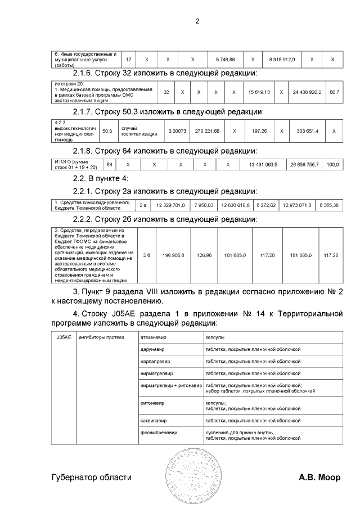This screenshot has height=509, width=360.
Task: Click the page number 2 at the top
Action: (x=197, y=21)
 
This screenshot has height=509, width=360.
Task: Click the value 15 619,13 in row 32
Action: (x=259, y=92)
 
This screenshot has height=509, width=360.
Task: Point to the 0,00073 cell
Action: (x=177, y=130)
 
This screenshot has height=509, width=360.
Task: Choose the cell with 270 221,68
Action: (x=207, y=130)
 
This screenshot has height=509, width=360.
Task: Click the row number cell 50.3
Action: (x=107, y=130)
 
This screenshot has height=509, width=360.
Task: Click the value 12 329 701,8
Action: (x=170, y=205)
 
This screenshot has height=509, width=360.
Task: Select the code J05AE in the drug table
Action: (x=64, y=337)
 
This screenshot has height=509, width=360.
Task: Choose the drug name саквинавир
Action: (x=154, y=420)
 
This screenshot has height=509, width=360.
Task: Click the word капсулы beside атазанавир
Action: (x=215, y=337)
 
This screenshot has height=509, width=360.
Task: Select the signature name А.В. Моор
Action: (x=319, y=478)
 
